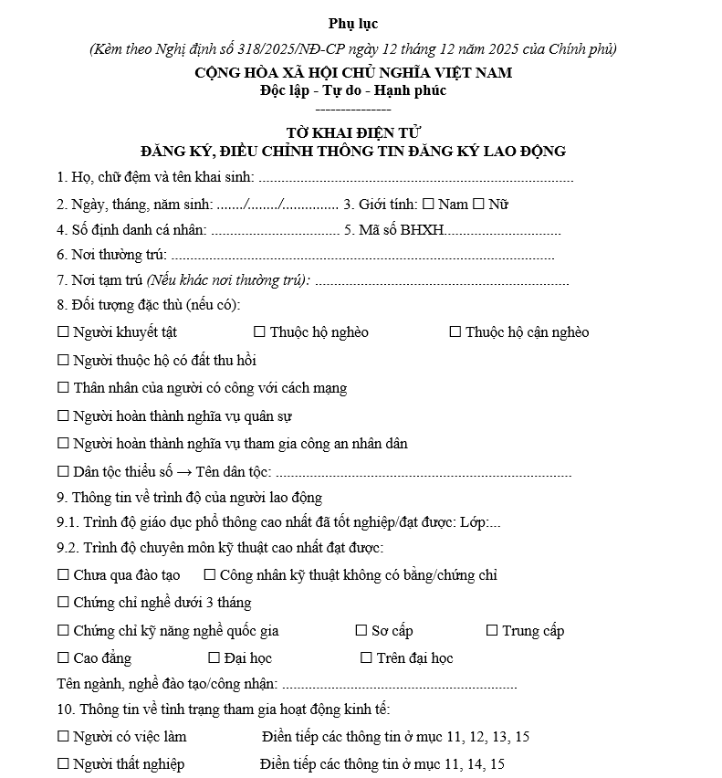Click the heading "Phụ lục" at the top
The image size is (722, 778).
(352, 24)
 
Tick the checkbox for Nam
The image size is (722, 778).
(428, 205)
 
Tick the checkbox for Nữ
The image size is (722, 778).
(479, 205)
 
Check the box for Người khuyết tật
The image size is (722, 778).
(63, 332)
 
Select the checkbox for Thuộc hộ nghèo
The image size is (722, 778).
(259, 332)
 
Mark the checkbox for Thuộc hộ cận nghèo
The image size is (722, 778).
(455, 332)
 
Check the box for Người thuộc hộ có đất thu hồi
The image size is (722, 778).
(63, 361)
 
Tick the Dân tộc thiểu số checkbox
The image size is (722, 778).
(63, 472)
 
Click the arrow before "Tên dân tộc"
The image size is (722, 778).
(183, 472)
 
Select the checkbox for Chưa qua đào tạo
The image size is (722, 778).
(63, 575)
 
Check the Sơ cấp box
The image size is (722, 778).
(361, 631)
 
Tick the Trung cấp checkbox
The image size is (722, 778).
(492, 631)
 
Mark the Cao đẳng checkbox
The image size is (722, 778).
(63, 658)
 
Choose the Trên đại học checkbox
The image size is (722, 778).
(367, 658)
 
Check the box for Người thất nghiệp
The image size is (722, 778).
(63, 764)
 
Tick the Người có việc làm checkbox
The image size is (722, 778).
(63, 737)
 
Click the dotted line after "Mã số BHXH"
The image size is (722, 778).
(502, 230)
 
